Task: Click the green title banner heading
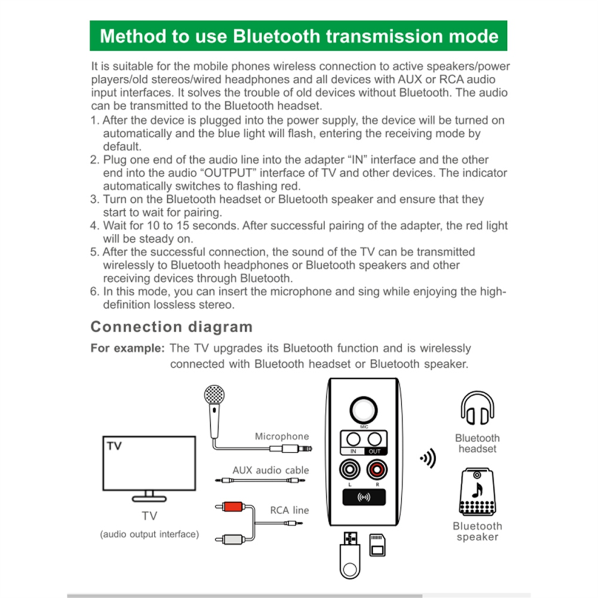(298, 36)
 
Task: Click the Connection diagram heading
(172, 327)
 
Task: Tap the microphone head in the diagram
(214, 397)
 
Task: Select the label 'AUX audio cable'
(270, 470)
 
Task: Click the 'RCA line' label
(289, 510)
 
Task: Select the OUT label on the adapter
(375, 451)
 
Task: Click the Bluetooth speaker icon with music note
(477, 492)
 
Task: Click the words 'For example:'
(127, 349)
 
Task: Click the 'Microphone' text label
(281, 436)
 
